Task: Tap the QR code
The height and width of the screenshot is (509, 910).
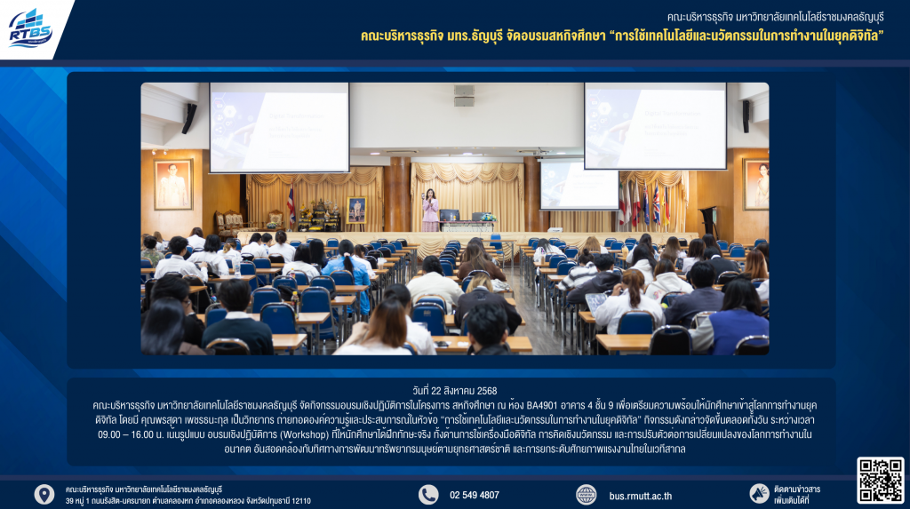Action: pyautogui.click(x=881, y=480)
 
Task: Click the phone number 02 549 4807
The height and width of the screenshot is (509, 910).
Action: pyautogui.click(x=475, y=495)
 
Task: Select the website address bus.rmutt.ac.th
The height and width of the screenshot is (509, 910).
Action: pyautogui.click(x=640, y=496)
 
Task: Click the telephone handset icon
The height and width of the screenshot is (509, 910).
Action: pyautogui.click(x=428, y=495)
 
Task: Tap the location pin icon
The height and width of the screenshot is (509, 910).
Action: pyautogui.click(x=44, y=495)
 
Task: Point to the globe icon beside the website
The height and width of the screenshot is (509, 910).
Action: pyautogui.click(x=587, y=495)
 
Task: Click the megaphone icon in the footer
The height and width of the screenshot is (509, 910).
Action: pyautogui.click(x=759, y=494)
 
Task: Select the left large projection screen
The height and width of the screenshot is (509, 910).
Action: pyautogui.click(x=279, y=127)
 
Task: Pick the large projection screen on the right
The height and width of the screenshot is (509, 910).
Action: pyautogui.click(x=655, y=126)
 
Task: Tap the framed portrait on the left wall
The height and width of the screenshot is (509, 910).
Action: pyautogui.click(x=173, y=185)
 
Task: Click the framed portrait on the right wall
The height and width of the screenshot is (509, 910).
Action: pyautogui.click(x=755, y=183)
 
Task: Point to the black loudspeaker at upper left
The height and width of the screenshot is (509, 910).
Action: pyautogui.click(x=189, y=118)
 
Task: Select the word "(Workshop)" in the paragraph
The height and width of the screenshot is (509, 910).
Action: pyautogui.click(x=304, y=434)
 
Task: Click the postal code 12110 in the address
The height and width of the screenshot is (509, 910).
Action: pyautogui.click(x=301, y=501)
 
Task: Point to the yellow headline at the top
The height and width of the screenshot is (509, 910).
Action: pyautogui.click(x=622, y=36)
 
